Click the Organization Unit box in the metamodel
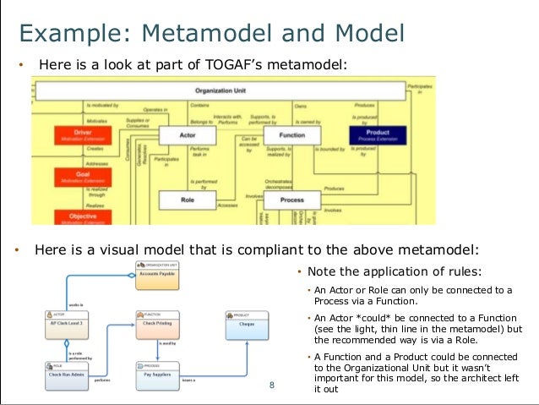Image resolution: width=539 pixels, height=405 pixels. pos(219,89)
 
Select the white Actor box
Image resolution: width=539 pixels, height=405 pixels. pos(188,134)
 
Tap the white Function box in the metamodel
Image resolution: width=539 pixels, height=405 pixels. pos(292,134)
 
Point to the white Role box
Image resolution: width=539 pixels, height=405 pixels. pos(188,200)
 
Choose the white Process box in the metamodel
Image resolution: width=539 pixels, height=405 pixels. pos(292,200)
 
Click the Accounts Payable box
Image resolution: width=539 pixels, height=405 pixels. pos(159,273)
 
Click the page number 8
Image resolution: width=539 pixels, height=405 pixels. pos(272,386)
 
